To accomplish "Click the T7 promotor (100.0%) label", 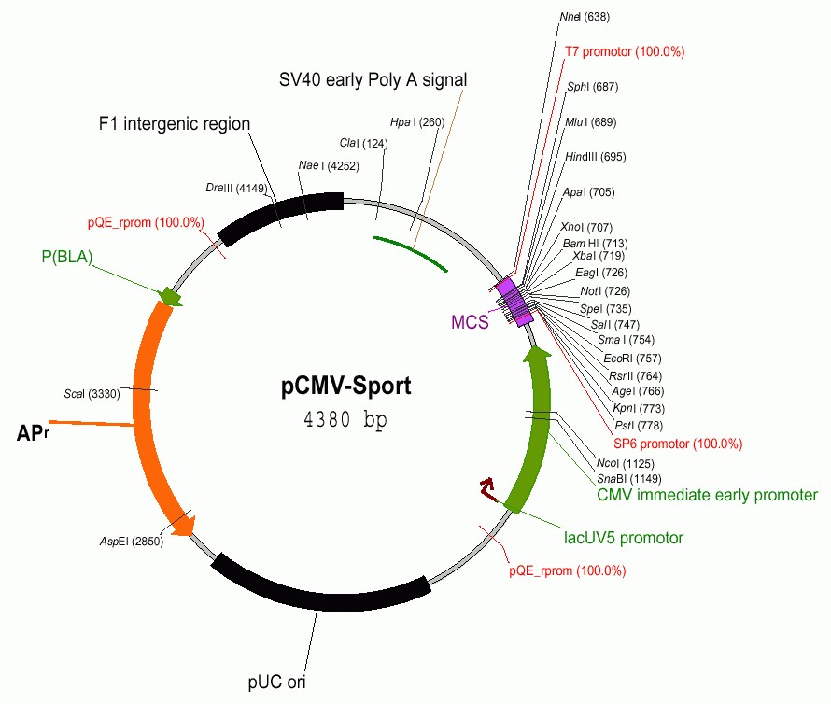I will [625, 51].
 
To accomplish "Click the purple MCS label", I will [470, 323].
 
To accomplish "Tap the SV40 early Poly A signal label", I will [373, 80].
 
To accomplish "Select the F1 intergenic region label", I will [175, 123].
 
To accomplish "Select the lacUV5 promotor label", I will [624, 538].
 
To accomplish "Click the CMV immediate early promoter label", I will [707, 495].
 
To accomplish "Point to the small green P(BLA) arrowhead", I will [170, 296].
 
